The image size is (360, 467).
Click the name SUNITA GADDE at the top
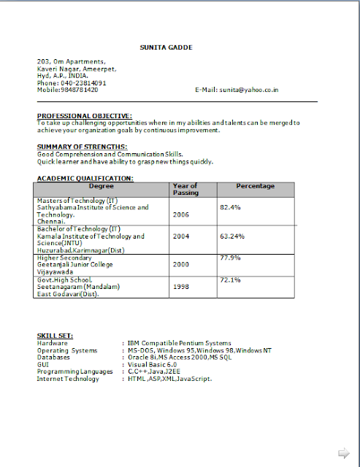pyautogui.click(x=166, y=48)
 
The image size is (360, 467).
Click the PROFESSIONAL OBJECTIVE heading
pyautogui.click(x=85, y=115)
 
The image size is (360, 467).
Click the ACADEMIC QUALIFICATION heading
pyautogui.click(x=85, y=178)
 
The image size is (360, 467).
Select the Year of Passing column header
pyautogui.click(x=185, y=190)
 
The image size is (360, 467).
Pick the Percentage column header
pyautogui.click(x=255, y=186)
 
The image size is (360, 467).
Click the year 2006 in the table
pyautogui.click(x=180, y=215)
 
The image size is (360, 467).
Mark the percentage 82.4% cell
pyautogui.click(x=230, y=208)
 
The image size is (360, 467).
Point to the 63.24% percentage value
pyautogui.click(x=231, y=236)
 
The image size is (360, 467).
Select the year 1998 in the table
pyautogui.click(x=180, y=287)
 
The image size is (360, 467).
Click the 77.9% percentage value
pyautogui.click(x=230, y=258)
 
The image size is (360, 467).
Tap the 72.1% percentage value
pyautogui.click(x=230, y=279)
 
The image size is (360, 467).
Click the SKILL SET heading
pyautogui.click(x=54, y=336)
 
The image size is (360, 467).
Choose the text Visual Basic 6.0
pyautogui.click(x=153, y=364)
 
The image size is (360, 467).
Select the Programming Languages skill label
pyautogui.click(x=74, y=371)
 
